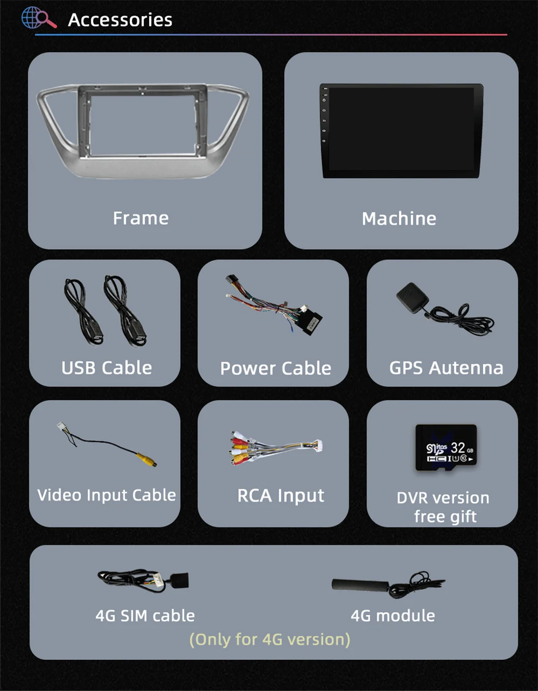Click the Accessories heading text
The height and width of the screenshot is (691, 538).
tap(120, 20)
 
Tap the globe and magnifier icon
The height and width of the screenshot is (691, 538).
tap(38, 18)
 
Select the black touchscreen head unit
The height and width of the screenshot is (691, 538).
tap(401, 130)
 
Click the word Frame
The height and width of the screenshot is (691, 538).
tap(140, 218)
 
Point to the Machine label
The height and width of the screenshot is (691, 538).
tap(399, 218)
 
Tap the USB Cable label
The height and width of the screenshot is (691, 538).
tap(107, 368)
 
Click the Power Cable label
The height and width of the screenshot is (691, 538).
tap(275, 368)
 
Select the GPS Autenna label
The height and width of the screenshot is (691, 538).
tap(446, 368)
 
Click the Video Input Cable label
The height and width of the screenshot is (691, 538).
tap(107, 495)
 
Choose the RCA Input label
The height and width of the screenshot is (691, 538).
tap(281, 496)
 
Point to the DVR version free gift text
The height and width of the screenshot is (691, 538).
tap(443, 507)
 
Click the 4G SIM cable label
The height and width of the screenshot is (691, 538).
tap(145, 615)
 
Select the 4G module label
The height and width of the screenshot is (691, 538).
tap(393, 615)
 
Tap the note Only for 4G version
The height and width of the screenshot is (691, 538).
tap(270, 639)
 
